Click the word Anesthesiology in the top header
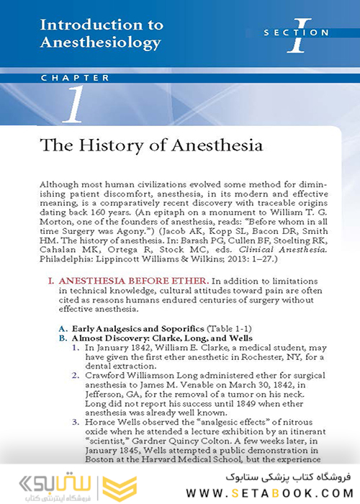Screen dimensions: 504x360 pyautogui.click(x=100, y=42)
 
